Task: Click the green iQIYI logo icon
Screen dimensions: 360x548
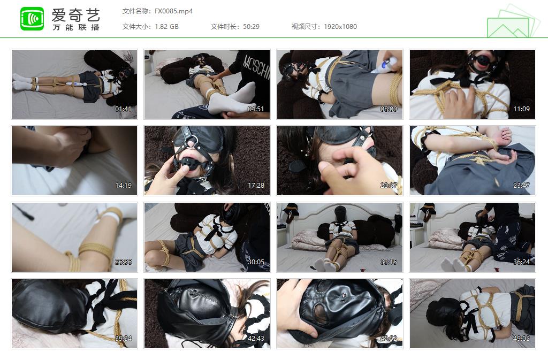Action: point(32,19)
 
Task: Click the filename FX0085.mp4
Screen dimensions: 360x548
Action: point(173,11)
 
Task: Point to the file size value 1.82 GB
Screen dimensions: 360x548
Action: point(166,26)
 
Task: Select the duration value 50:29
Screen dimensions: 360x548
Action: point(251,26)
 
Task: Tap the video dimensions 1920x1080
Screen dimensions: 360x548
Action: point(340,26)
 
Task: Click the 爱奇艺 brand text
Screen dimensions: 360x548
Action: point(75,14)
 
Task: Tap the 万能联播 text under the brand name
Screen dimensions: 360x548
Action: point(75,27)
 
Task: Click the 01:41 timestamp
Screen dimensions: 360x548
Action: point(123,109)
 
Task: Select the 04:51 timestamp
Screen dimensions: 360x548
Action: point(256,109)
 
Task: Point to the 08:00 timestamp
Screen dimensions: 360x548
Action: point(389,109)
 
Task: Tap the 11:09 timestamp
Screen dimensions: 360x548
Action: point(521,109)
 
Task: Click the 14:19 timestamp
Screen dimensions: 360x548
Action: point(123,186)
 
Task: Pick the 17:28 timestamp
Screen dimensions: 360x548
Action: point(256,186)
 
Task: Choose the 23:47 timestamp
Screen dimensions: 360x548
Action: point(521,186)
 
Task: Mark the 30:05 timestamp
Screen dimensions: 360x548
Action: point(256,262)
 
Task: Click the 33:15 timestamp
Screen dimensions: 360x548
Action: point(389,262)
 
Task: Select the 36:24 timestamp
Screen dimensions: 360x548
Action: point(521,262)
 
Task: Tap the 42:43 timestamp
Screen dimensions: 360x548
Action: point(256,339)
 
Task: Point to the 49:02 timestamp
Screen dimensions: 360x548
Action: point(521,339)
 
